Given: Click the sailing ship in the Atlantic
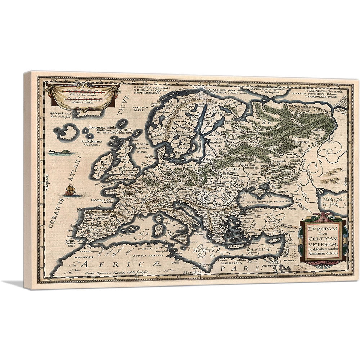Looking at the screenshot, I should (x=70, y=190).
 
